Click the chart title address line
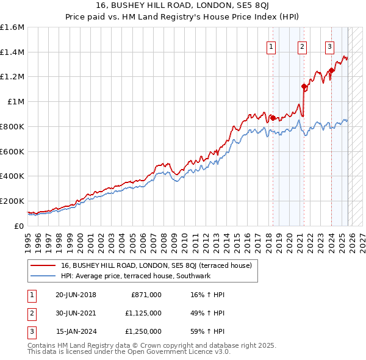[183, 5]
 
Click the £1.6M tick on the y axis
[12, 27]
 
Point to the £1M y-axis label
[16, 102]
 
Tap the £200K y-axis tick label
[12, 201]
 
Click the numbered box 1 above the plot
[270, 45]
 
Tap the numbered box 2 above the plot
[302, 45]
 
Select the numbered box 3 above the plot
[329, 45]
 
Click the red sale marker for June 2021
[304, 87]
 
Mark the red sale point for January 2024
[331, 71]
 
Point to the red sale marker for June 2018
[273, 118]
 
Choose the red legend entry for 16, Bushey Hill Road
[160, 265]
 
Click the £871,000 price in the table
[146, 295]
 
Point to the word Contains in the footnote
[42, 345]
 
